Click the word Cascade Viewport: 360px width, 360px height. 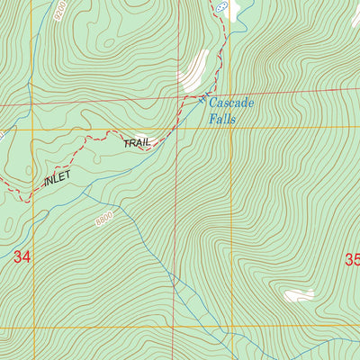tap(232, 103)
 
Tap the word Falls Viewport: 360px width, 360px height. tap(221, 119)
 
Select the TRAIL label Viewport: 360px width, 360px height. tap(139, 143)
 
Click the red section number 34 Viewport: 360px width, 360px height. tap(22, 257)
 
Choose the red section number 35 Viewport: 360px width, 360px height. tap(351, 259)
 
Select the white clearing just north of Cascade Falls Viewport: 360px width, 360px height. tap(193, 69)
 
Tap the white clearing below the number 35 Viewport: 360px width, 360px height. tap(299, 295)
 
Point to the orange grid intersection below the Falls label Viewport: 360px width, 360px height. tap(230, 128)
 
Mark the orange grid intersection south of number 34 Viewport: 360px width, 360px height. tap(34, 328)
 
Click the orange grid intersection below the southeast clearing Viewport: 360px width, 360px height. tap(230, 327)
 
